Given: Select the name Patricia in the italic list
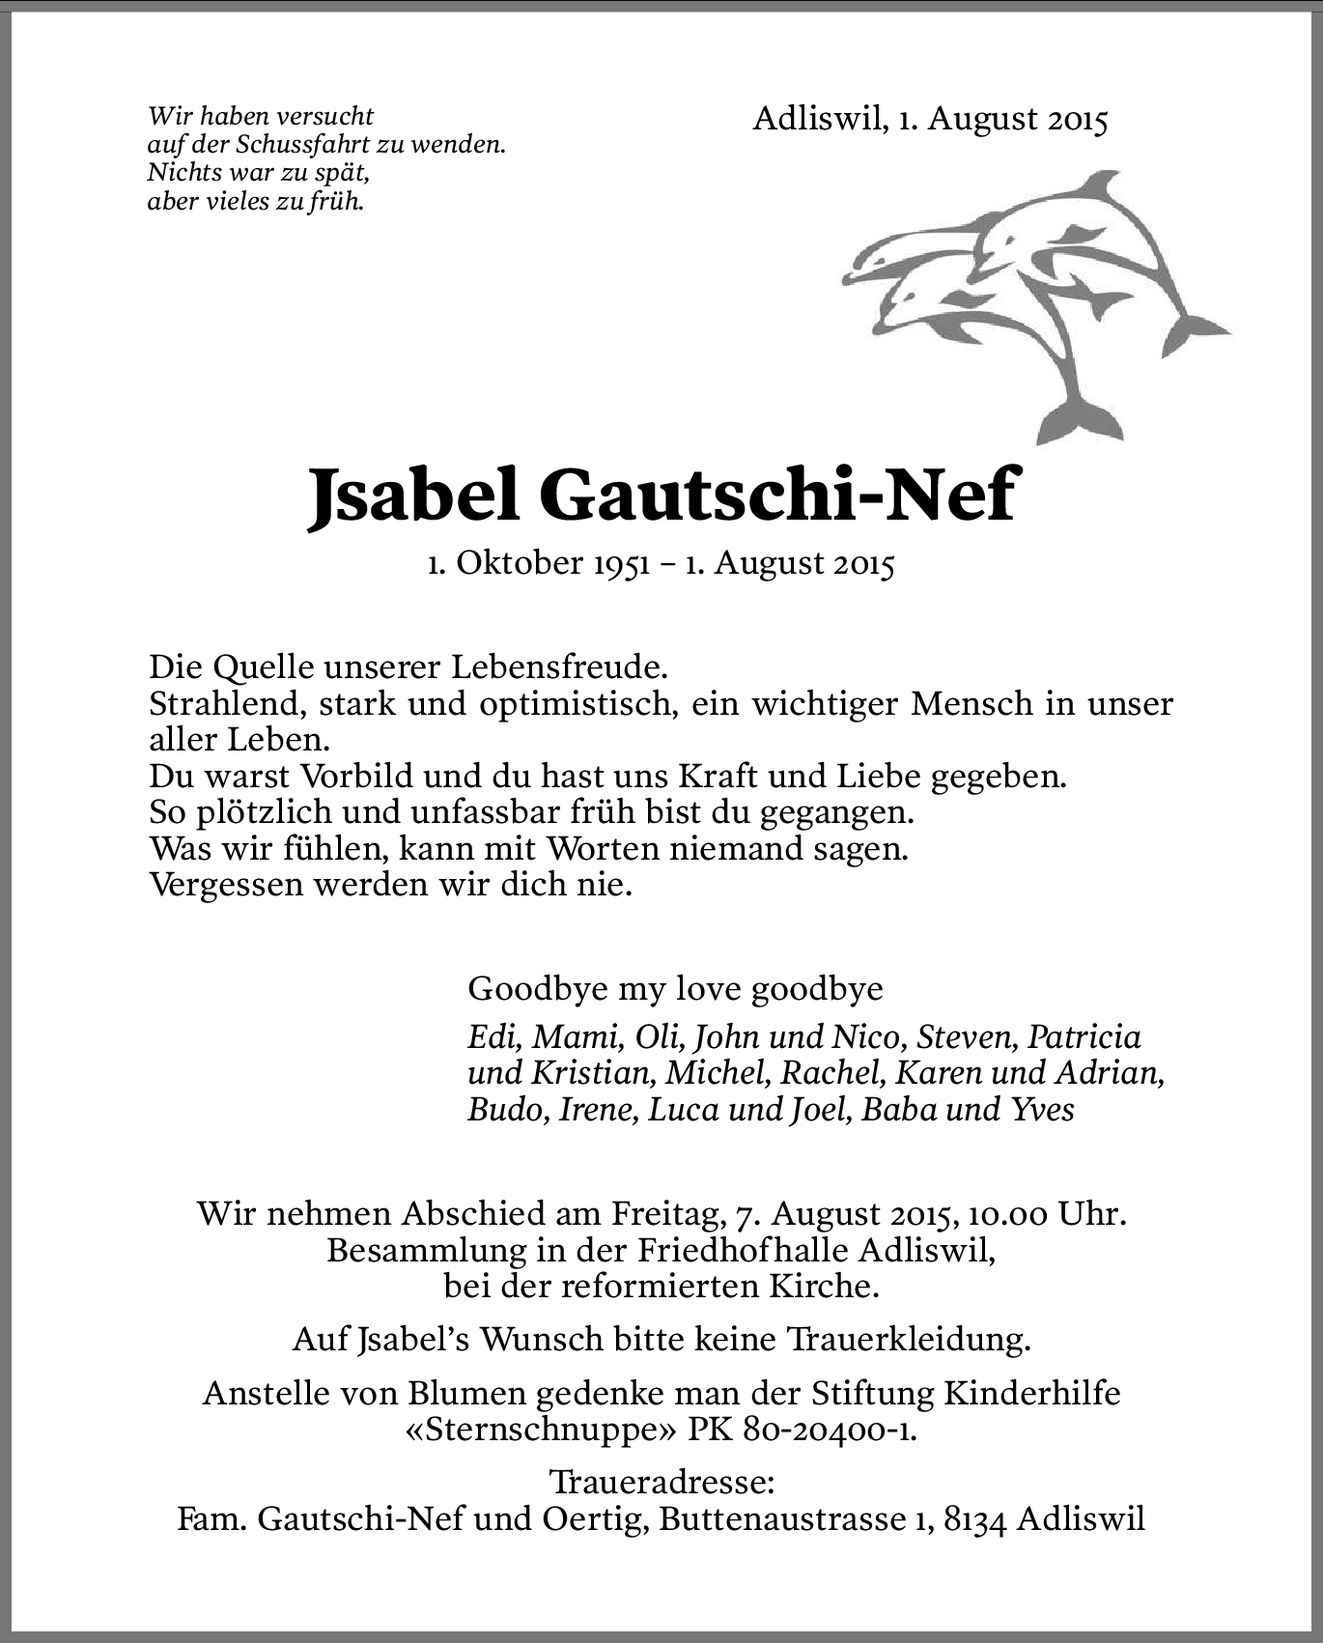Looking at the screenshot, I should coord(1084,1037).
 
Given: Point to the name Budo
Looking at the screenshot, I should coord(507,1110).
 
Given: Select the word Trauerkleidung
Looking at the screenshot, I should coord(910,1340).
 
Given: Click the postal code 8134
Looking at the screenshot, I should coord(976,1519).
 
